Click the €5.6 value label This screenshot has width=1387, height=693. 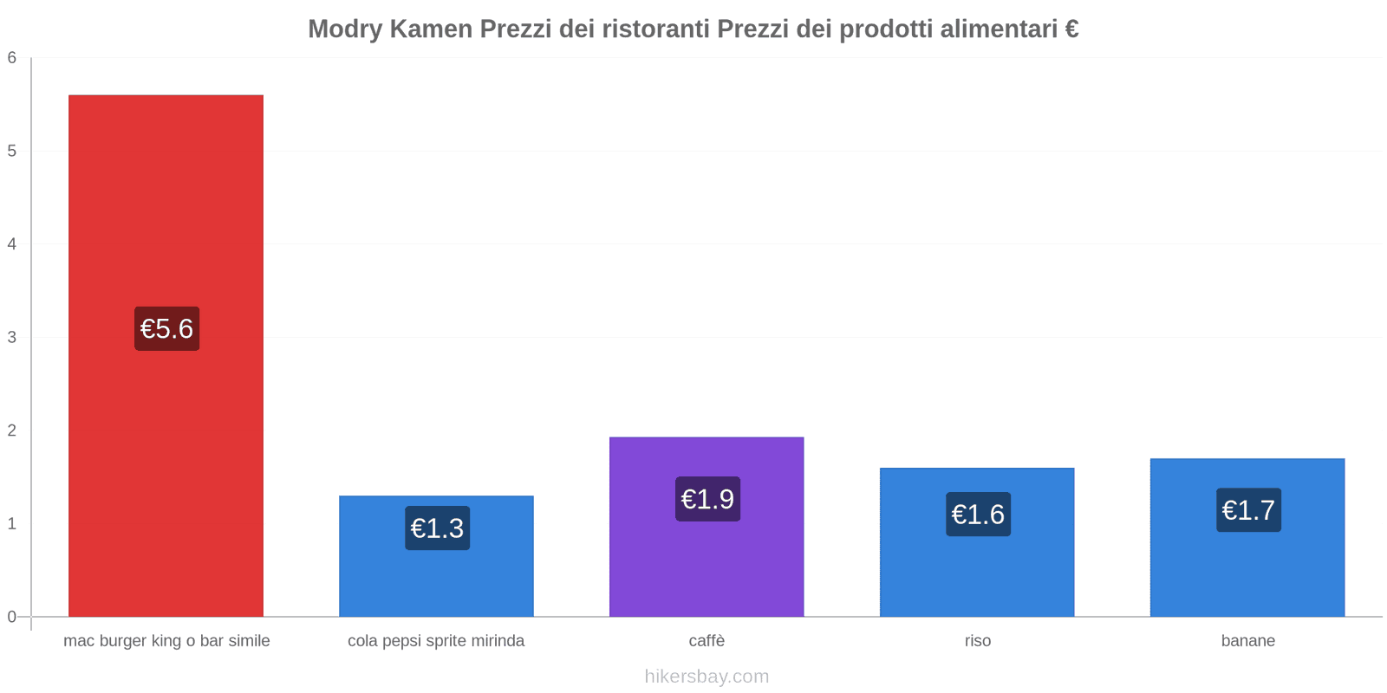click(166, 329)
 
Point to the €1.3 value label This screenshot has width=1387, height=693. click(437, 528)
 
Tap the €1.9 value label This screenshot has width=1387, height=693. click(707, 499)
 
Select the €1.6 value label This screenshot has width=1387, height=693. click(978, 515)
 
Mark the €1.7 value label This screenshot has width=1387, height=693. click(1248, 510)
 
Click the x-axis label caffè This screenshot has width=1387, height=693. click(707, 641)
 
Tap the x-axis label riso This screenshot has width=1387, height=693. click(977, 641)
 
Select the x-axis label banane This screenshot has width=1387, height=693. click(1247, 641)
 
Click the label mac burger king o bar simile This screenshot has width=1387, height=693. click(166, 641)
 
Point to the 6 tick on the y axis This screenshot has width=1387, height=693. click(12, 58)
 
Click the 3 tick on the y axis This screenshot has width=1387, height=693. click(12, 337)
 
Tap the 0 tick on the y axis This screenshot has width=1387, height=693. click(12, 617)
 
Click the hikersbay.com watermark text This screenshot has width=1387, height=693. click(707, 677)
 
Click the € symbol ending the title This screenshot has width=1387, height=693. click(1071, 29)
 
